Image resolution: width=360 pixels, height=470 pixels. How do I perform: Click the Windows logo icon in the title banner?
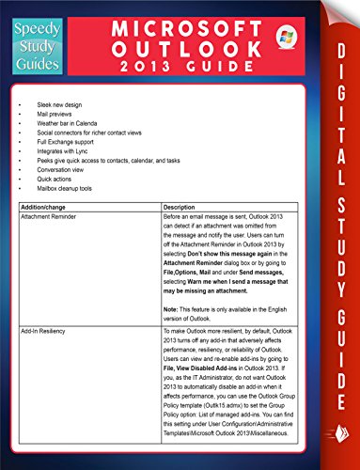(282, 38)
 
